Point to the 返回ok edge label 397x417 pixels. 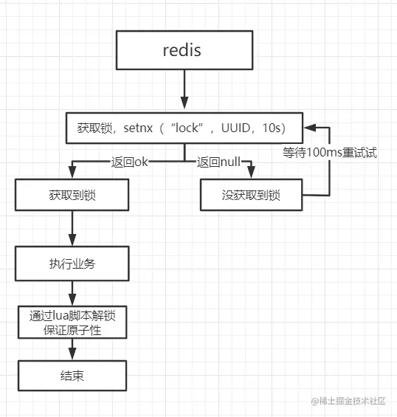pos(129,162)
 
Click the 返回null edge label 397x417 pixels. pos(218,162)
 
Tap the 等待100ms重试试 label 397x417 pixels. pos(330,153)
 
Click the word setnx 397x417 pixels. pos(138,128)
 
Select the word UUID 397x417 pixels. pos(235,128)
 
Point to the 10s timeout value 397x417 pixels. pos(272,128)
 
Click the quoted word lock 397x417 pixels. pos(187,128)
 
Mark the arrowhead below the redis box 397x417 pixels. pos(184,103)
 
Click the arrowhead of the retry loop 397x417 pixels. pos(310,128)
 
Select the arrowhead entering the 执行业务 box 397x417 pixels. pos(72,240)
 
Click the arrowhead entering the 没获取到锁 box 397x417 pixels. pos(252,172)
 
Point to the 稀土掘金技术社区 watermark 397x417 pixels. pos(348,401)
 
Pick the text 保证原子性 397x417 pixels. pos(72,330)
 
